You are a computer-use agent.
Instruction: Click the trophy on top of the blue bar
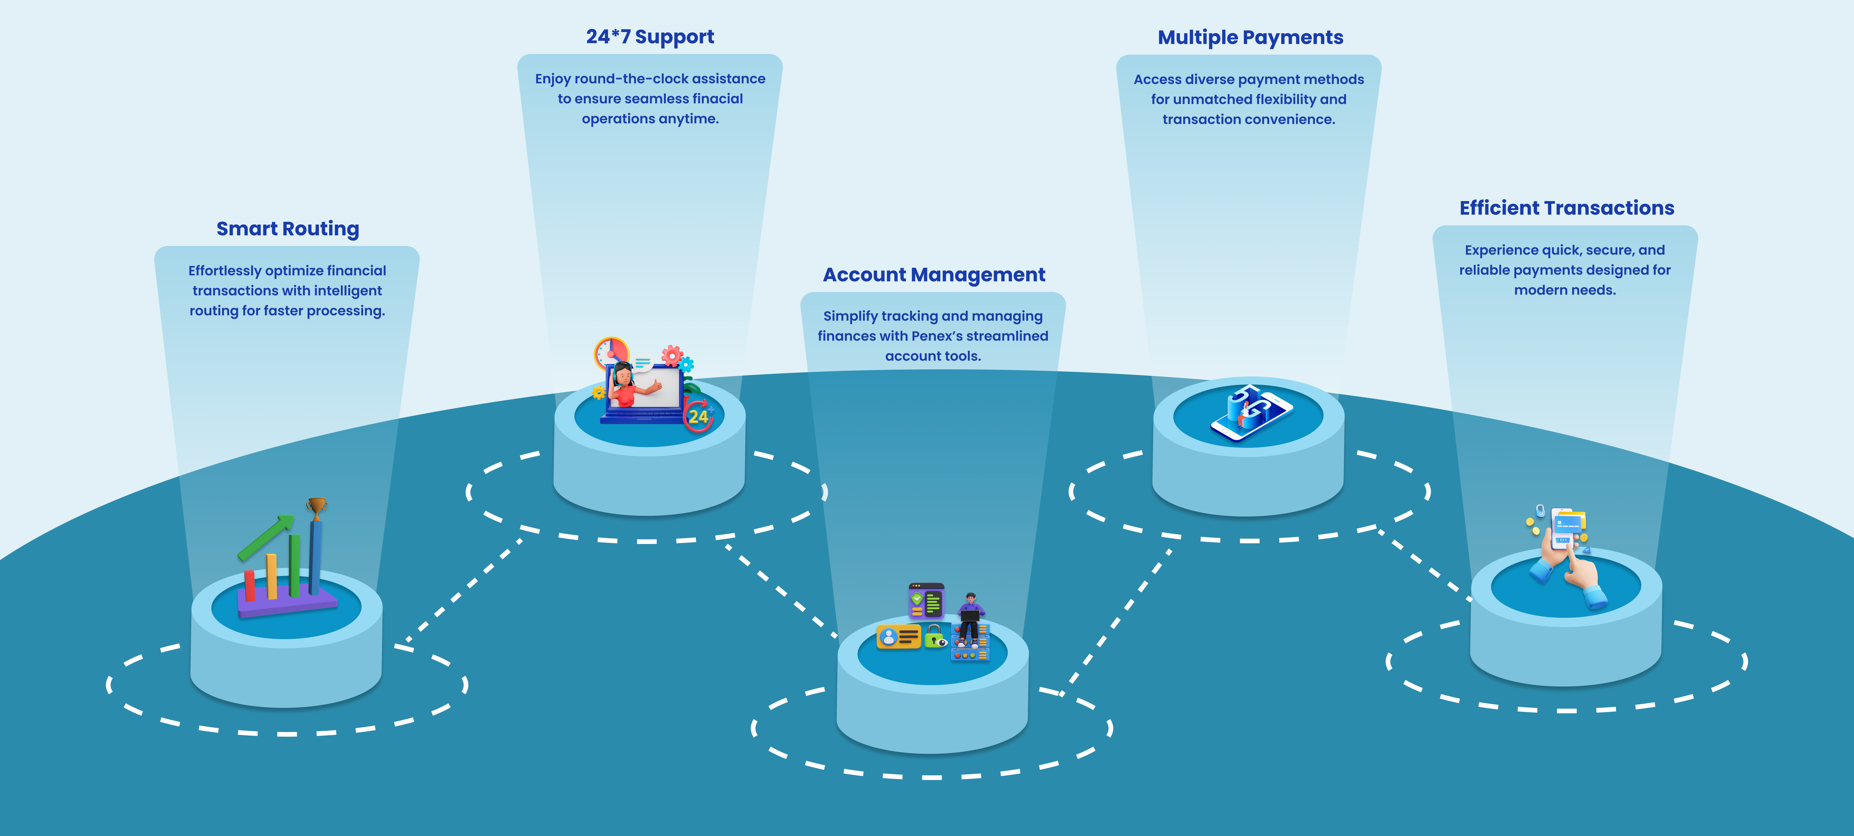tap(316, 507)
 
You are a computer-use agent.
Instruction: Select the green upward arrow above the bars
tap(266, 536)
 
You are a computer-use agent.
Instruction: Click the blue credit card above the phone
tap(1569, 522)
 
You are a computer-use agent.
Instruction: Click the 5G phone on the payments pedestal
tap(1251, 414)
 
